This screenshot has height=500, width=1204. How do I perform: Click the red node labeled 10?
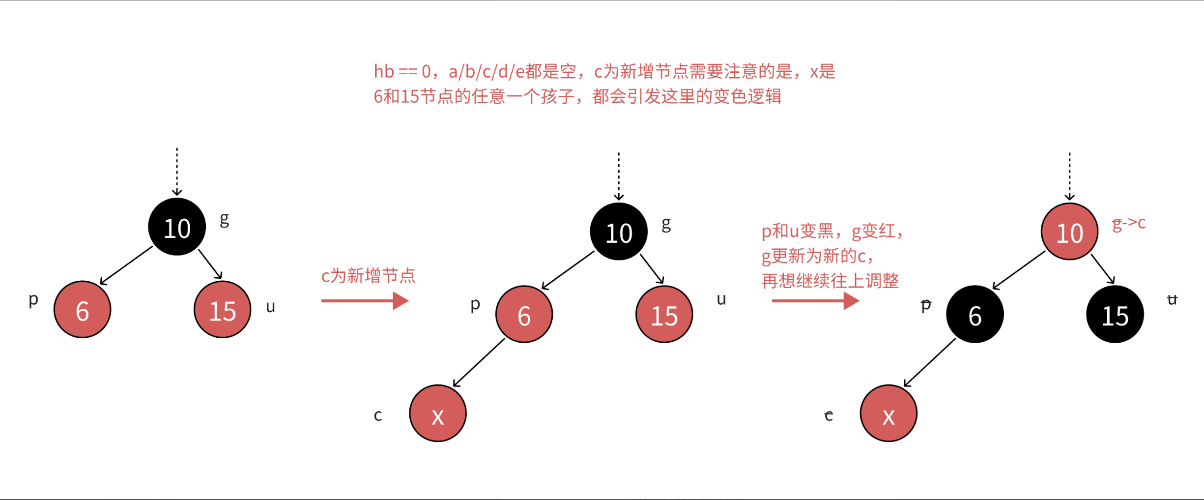pyautogui.click(x=1069, y=232)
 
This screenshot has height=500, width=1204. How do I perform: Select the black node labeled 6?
pyautogui.click(x=975, y=314)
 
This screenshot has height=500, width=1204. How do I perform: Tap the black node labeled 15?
pyautogui.click(x=1115, y=314)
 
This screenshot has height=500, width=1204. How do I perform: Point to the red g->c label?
pyautogui.click(x=1128, y=224)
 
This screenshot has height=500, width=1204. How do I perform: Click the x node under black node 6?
pyautogui.click(x=889, y=413)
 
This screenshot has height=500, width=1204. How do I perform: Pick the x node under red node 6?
pyautogui.click(x=438, y=413)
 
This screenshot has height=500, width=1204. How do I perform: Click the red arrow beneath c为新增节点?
pyautogui.click(x=365, y=300)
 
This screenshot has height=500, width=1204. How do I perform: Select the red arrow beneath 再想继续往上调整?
pyautogui.click(x=816, y=300)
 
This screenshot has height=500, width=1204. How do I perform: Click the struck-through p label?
pyautogui.click(x=926, y=305)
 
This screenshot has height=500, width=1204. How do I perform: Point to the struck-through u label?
pyautogui.click(x=1172, y=299)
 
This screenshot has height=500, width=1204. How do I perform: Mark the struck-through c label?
pyautogui.click(x=829, y=416)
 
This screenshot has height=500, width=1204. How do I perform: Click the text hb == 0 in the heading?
pyautogui.click(x=402, y=72)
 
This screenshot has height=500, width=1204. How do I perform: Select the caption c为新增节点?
pyautogui.click(x=368, y=276)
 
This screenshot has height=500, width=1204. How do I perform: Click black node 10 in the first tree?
pyautogui.click(x=177, y=227)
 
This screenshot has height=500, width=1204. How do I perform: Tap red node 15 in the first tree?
pyautogui.click(x=223, y=310)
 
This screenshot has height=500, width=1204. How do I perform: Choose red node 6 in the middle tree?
pyautogui.click(x=524, y=314)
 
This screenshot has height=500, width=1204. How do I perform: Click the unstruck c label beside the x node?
pyautogui.click(x=378, y=415)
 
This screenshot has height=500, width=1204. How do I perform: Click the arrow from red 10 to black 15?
pyautogui.click(x=1102, y=268)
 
